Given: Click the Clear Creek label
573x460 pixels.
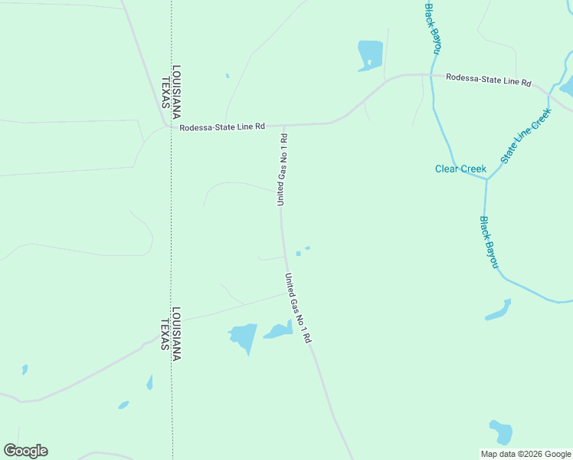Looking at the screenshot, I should pyautogui.click(x=460, y=169).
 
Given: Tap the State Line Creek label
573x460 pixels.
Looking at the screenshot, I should pyautogui.click(x=526, y=136).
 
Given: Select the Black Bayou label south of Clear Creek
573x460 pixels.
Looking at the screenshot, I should pyautogui.click(x=490, y=242).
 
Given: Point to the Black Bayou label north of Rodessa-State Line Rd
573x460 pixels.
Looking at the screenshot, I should pyautogui.click(x=433, y=27).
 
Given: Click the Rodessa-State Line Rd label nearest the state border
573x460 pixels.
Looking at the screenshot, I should pyautogui.click(x=222, y=127).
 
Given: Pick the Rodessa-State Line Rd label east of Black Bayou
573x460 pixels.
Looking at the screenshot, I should pyautogui.click(x=488, y=78).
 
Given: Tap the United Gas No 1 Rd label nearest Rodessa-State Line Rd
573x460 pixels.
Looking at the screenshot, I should pyautogui.click(x=282, y=169).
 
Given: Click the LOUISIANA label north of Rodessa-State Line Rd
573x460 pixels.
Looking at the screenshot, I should pyautogui.click(x=176, y=90).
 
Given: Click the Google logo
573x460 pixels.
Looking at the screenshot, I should pyautogui.click(x=25, y=451).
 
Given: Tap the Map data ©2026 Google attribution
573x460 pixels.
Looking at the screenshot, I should pyautogui.click(x=526, y=454).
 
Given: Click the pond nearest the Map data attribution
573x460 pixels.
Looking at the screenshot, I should pyautogui.click(x=501, y=432).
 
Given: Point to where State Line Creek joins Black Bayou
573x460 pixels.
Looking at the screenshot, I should pyautogui.click(x=486, y=179).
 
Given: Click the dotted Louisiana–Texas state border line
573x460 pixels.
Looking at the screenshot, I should pyautogui.click(x=171, y=230).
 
